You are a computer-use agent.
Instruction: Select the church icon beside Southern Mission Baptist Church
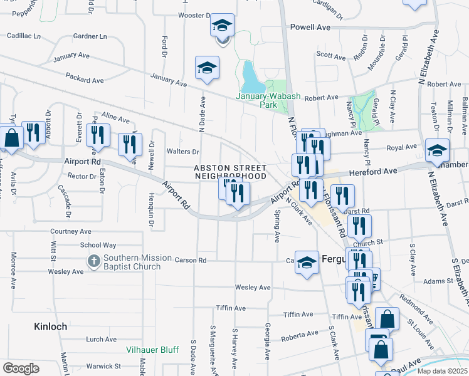tap(93, 262)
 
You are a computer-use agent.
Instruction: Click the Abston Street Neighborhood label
tap(230, 172)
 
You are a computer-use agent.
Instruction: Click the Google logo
tap(21, 368)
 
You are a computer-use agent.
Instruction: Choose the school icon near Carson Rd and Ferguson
tap(307, 263)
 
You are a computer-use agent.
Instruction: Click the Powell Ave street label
tap(310, 27)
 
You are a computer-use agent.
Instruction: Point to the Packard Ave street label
tap(86, 81)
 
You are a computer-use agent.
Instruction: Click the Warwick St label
tap(103, 366)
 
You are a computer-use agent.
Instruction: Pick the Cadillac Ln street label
tap(24, 36)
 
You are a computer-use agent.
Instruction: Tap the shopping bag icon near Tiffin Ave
tap(387, 319)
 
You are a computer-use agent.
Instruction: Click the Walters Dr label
tap(183, 152)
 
